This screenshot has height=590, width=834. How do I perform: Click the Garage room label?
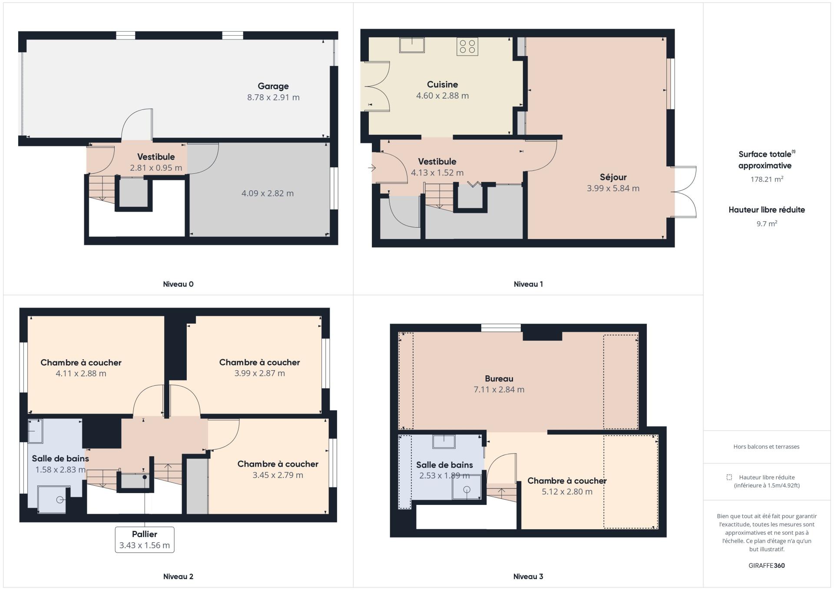[273, 86]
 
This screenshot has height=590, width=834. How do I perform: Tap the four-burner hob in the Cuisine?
[467, 46]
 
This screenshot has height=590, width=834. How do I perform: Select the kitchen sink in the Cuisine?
[412, 45]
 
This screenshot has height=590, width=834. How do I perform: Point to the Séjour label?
[613, 177]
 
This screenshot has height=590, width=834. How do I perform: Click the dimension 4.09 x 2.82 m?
[268, 193]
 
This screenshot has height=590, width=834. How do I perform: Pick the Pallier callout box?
[145, 540]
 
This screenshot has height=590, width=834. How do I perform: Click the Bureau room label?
[499, 378]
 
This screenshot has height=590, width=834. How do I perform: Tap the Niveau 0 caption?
[178, 284]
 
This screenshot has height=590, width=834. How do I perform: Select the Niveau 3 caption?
[528, 577]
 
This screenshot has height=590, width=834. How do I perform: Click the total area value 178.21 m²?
[767, 179]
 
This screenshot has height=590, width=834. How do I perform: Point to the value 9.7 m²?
[767, 224]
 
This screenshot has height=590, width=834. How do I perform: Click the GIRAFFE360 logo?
[767, 566]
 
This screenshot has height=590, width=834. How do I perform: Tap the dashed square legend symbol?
[729, 477]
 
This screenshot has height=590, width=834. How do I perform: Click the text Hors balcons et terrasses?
[766, 447]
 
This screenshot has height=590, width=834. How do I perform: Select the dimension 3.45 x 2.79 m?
[278, 475]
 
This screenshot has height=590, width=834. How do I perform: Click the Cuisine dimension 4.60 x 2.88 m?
[443, 96]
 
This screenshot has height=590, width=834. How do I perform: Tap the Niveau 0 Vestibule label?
[156, 157]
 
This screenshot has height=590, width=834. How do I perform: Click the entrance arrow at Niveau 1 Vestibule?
[372, 168]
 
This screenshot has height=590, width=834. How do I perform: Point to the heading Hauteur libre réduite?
[767, 210]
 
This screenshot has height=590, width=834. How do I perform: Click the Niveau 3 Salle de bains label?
[444, 465]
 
